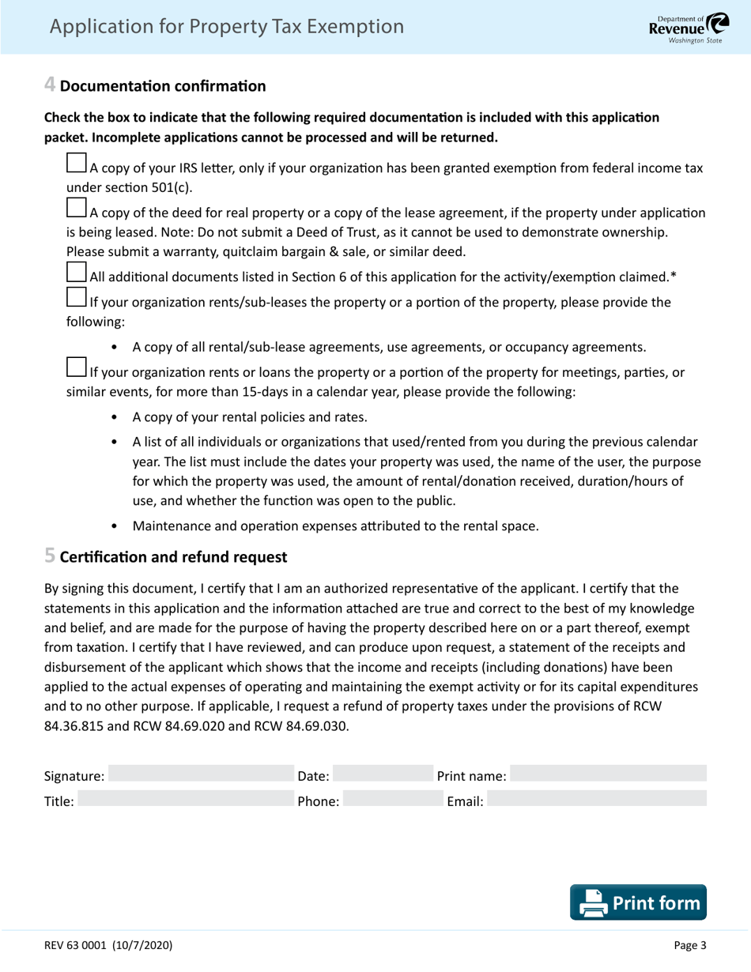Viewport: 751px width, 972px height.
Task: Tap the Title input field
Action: coord(182,801)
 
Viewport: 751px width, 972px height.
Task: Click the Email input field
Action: coord(597,801)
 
